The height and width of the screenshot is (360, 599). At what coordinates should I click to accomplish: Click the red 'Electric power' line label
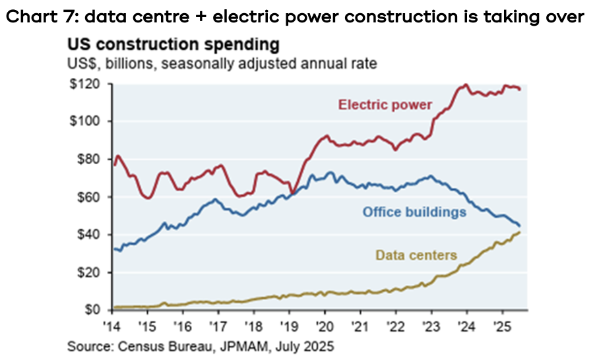[x=385, y=104]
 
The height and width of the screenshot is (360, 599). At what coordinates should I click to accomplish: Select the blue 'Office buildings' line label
[x=415, y=212]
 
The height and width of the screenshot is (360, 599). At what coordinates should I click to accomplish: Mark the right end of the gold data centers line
[x=520, y=232]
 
